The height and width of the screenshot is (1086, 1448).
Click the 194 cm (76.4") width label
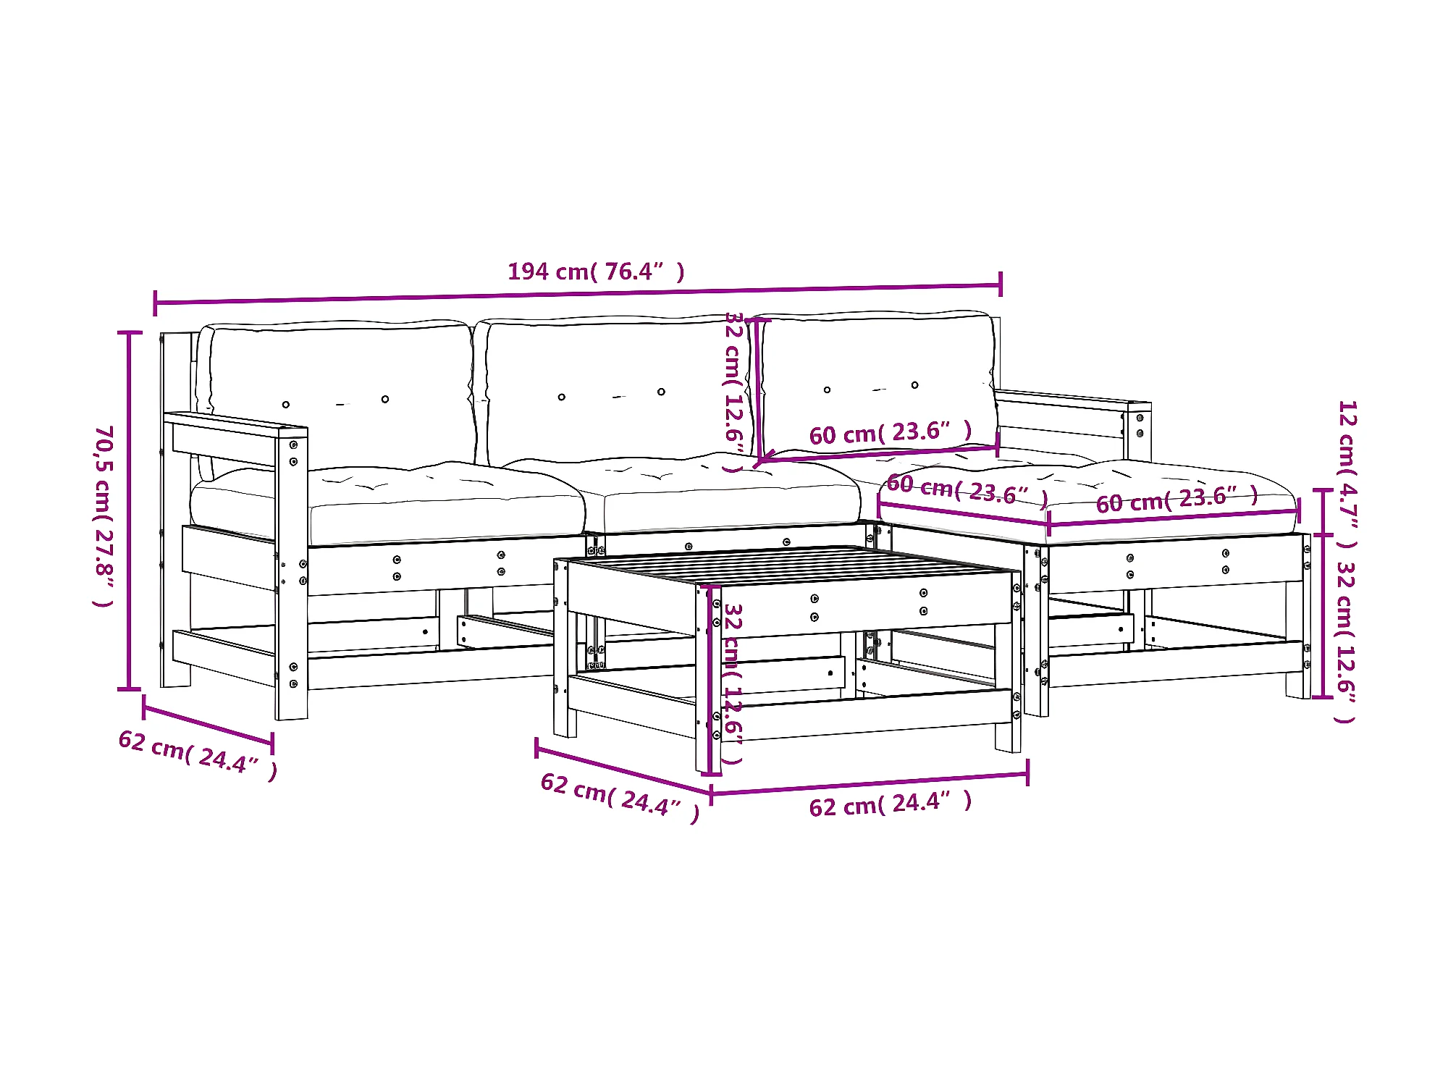pos(595,272)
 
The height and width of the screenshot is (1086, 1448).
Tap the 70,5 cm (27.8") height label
pos(104,515)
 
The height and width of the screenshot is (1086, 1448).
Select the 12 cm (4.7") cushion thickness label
pos(1347,474)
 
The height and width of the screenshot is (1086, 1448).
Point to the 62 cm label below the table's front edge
pos(890,804)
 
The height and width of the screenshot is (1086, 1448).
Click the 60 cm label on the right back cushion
pos(890,433)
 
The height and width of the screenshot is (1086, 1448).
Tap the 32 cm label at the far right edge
pos(1345,641)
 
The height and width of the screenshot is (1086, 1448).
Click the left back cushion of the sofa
pos(340,391)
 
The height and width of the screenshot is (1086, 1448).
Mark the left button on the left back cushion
pos(286,405)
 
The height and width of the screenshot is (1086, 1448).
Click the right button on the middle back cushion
pos(661,392)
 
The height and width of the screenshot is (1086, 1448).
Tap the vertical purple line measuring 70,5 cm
pos(130,510)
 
